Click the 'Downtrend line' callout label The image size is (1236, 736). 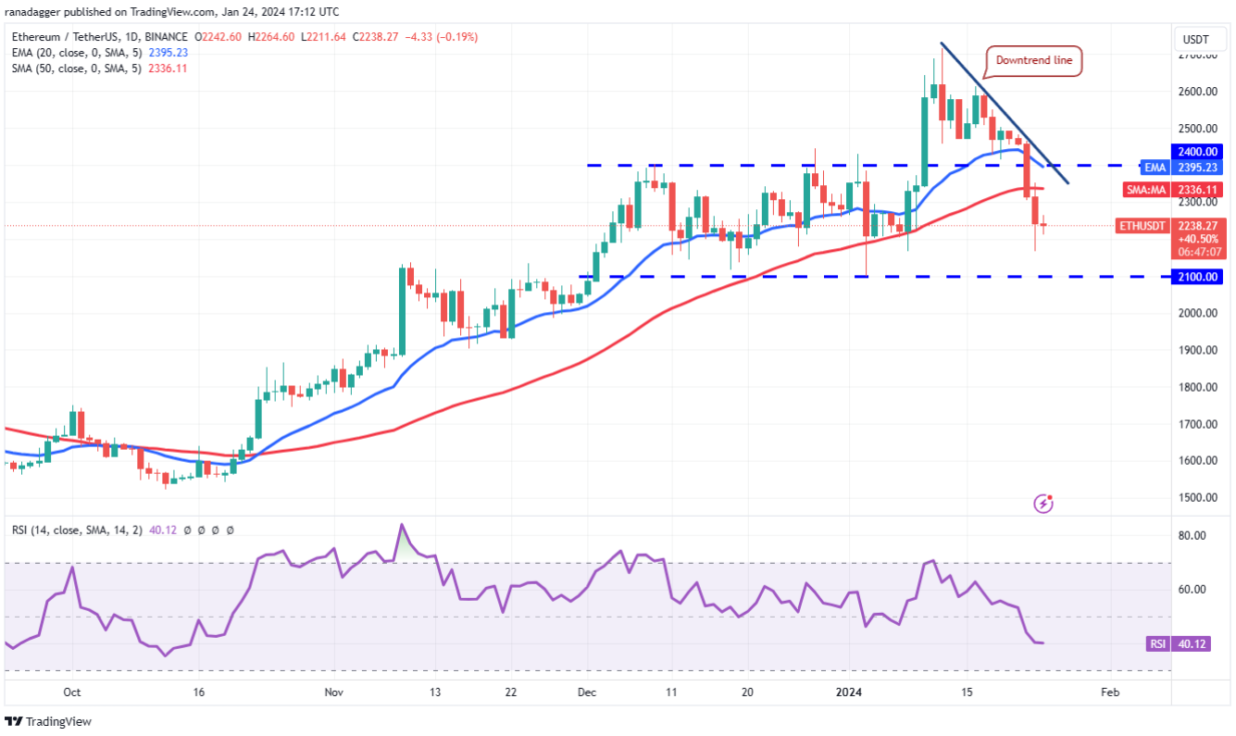[1033, 61]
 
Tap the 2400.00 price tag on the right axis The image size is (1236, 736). [1200, 151]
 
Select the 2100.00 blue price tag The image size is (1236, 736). [1200, 276]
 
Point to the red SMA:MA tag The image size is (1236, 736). [1146, 190]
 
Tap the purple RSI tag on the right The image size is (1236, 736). [1155, 644]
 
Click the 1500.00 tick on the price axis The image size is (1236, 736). [1197, 497]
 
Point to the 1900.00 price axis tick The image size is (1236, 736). [1197, 350]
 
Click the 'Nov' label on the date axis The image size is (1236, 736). [335, 692]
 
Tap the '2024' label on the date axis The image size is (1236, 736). [848, 692]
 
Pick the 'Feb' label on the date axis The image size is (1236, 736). [1108, 692]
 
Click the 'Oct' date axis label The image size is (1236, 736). [72, 692]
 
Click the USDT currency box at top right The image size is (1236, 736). [1195, 41]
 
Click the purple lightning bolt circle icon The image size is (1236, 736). [1044, 504]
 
